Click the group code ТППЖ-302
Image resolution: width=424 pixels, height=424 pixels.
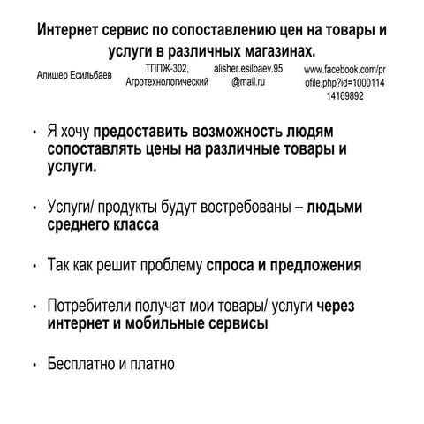(x=167, y=67)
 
